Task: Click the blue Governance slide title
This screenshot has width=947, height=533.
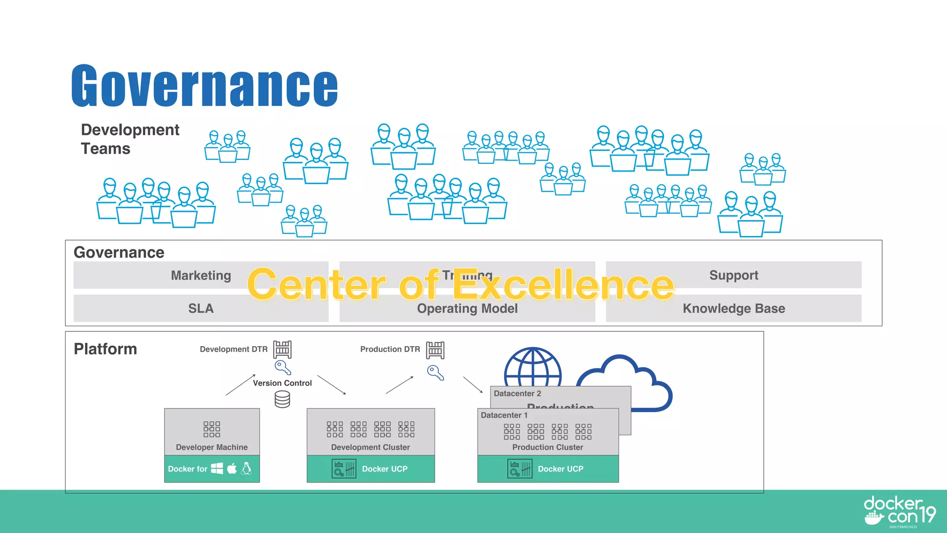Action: [204, 86]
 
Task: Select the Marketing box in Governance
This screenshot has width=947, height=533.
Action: [201, 275]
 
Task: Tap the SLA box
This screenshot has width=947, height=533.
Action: [201, 308]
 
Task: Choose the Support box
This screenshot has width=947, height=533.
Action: [733, 275]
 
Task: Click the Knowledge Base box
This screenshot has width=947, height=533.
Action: [733, 308]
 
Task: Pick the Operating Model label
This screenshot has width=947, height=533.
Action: [467, 309]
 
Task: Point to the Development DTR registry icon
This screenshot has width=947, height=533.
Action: [282, 349]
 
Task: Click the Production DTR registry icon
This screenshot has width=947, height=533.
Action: [435, 350]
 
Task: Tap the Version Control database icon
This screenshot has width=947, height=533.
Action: [282, 399]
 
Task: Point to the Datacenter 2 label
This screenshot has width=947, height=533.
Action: [517, 393]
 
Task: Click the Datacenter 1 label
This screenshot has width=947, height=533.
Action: [504, 415]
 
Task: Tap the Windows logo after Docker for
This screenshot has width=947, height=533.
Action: [217, 468]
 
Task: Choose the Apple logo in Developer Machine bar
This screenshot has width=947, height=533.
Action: [232, 468]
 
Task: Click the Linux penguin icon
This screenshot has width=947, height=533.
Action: [247, 468]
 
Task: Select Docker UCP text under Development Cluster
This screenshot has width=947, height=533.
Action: [385, 469]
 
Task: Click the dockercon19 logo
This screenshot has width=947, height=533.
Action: [899, 511]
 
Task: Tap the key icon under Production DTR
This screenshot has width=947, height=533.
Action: [435, 372]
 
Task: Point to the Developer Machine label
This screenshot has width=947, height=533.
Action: [212, 447]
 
